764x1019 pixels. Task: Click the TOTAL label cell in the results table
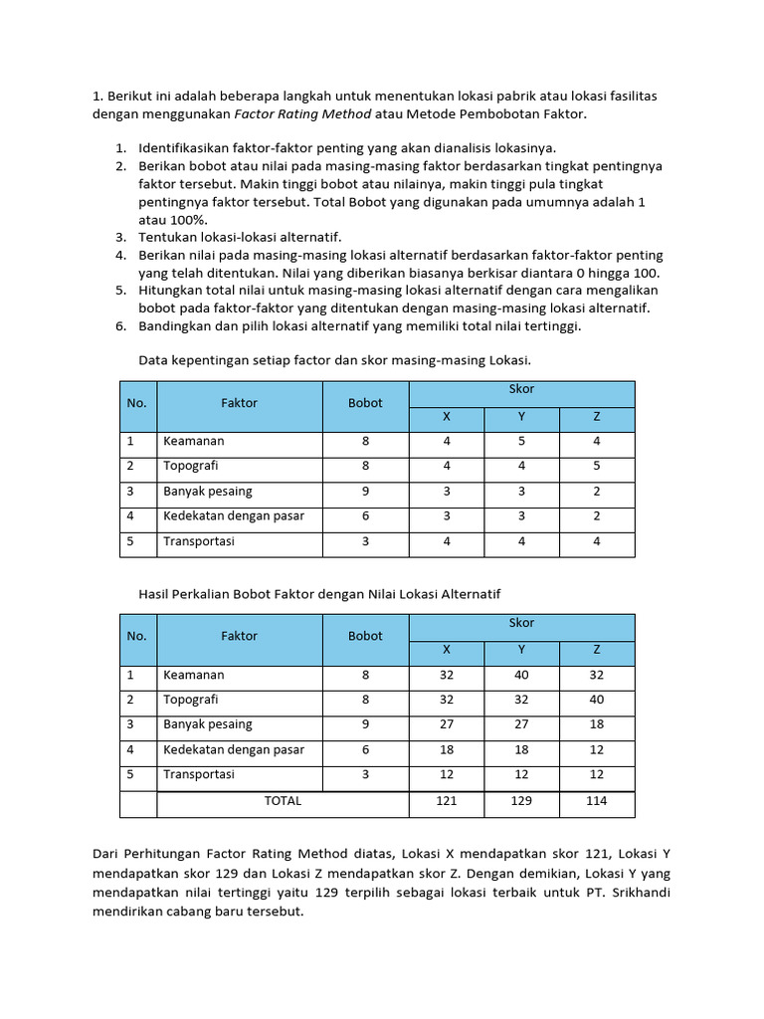282,800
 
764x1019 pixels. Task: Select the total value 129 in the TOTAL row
521,800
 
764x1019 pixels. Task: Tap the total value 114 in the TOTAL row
597,800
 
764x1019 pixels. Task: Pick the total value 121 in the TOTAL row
446,800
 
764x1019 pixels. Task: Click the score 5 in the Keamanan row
521,441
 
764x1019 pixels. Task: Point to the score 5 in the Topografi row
597,466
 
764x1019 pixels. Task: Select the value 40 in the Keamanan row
521,674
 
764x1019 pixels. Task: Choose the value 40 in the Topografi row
597,700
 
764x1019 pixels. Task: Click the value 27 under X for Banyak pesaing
446,724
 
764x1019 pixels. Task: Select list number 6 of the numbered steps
119,325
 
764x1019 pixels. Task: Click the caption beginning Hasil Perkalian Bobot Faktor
319,593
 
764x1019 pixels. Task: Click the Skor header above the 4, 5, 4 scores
521,390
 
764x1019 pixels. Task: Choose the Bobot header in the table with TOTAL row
365,636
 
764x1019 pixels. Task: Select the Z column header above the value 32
597,649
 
